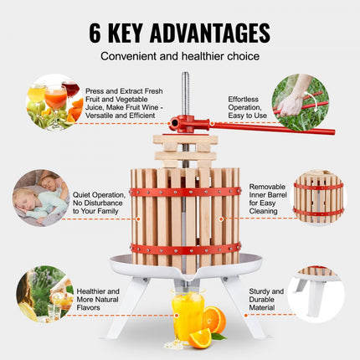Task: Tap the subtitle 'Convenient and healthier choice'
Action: point(179,58)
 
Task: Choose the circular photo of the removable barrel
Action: point(318,198)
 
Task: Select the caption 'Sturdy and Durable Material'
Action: point(266,298)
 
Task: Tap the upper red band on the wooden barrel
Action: point(184,192)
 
